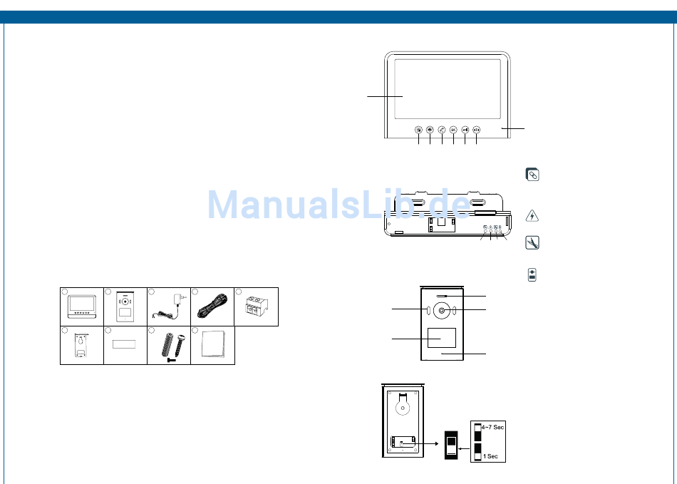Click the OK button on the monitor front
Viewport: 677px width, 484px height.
coord(453,130)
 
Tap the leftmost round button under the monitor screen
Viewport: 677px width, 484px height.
coord(418,130)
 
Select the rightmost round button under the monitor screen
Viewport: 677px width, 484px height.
coord(476,130)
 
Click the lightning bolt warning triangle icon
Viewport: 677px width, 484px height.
coord(532,215)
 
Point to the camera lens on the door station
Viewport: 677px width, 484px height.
coord(442,311)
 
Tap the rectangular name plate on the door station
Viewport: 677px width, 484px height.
coord(441,338)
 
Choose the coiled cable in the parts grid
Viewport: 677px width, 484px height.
coord(212,307)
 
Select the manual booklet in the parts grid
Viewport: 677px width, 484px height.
coord(212,346)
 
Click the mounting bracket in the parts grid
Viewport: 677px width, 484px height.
coord(81,346)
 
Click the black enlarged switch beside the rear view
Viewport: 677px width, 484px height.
coord(451,446)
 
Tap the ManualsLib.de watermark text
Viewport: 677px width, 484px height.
coord(338,205)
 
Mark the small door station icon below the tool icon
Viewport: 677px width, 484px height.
coord(532,275)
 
